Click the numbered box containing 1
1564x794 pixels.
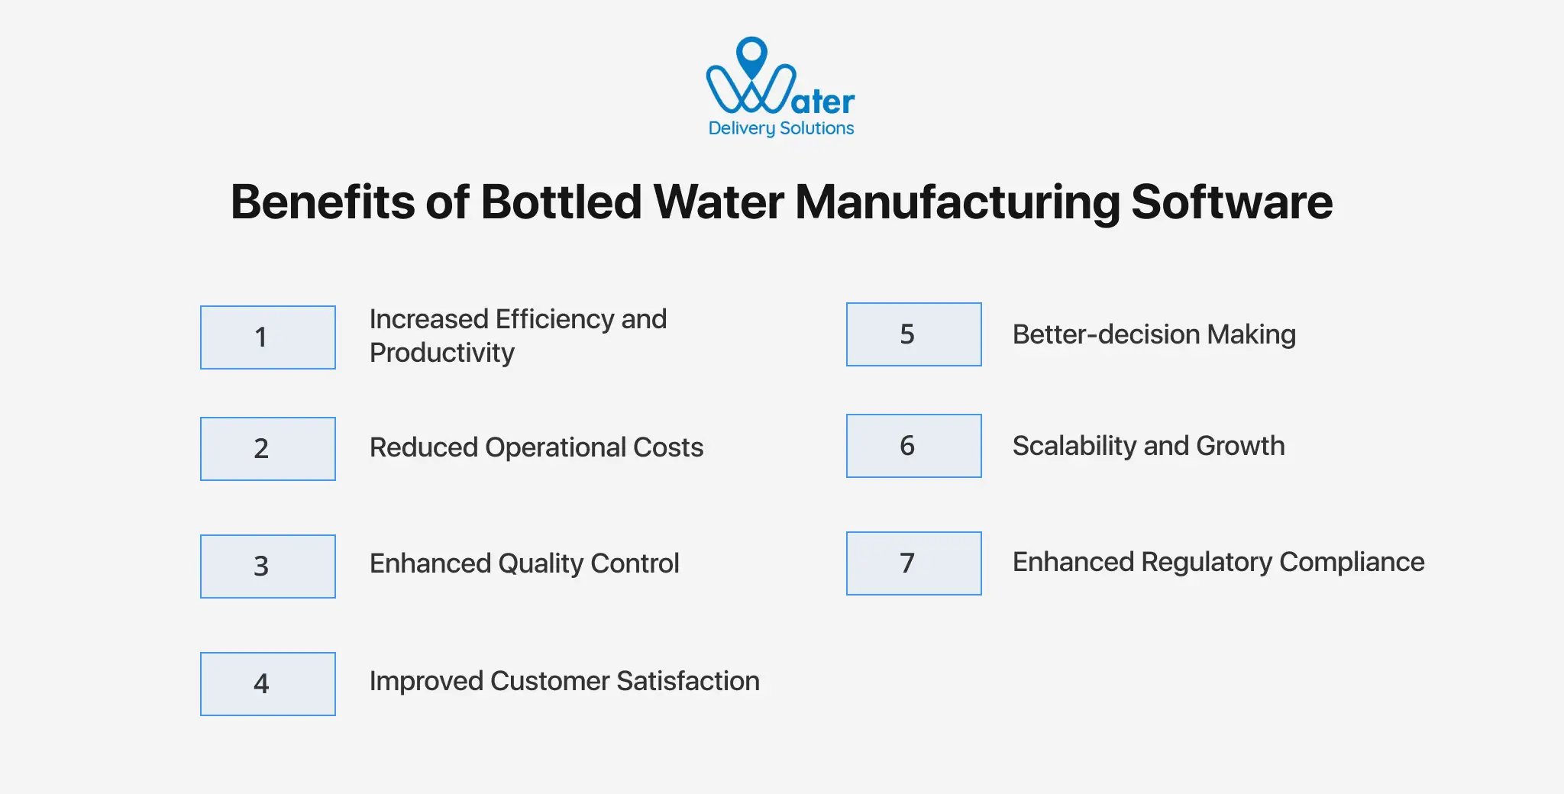[267, 337]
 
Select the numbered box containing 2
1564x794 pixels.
[267, 449]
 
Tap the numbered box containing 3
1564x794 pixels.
[267, 566]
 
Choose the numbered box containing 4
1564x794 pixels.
[267, 684]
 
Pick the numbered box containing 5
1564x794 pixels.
[913, 334]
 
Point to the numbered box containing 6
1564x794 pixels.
[913, 446]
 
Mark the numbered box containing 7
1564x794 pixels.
[913, 563]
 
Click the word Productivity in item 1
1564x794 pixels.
[441, 353]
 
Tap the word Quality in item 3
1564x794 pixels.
[541, 564]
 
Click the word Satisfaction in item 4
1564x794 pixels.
[687, 681]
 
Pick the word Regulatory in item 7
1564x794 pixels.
[1207, 563]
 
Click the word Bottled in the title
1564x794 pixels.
[561, 202]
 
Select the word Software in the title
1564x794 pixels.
[1231, 202]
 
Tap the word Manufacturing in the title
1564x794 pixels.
[958, 202]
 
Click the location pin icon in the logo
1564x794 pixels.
[752, 55]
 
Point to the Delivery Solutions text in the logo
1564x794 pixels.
[780, 128]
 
